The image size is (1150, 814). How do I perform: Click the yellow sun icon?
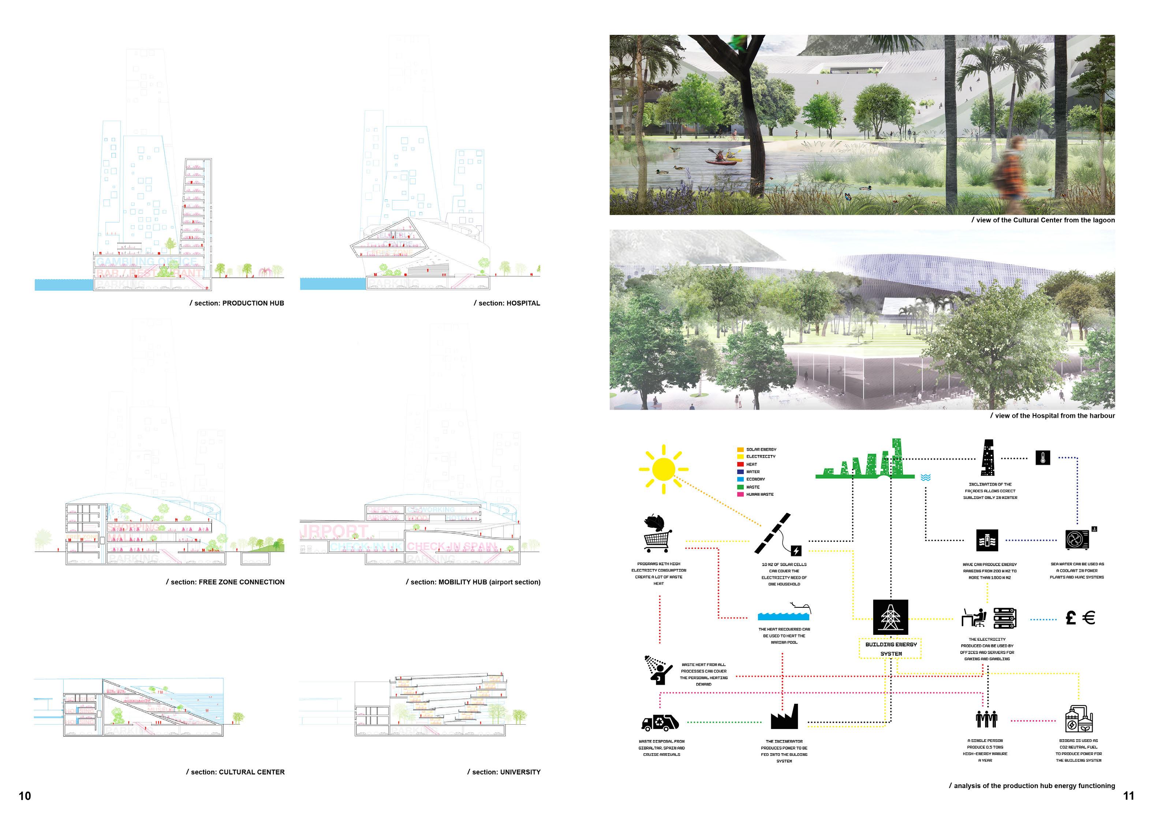[x=663, y=469]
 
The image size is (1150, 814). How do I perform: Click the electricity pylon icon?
[x=890, y=617]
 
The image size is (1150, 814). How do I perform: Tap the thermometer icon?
[x=1042, y=458]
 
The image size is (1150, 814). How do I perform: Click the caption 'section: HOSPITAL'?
[x=507, y=303]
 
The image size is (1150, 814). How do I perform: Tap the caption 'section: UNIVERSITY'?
[x=504, y=772]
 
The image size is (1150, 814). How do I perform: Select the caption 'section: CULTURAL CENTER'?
[x=235, y=772]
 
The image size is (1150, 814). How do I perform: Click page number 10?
[x=25, y=796]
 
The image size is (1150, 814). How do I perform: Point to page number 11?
[x=1128, y=796]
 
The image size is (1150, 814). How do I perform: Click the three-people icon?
[x=986, y=719]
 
